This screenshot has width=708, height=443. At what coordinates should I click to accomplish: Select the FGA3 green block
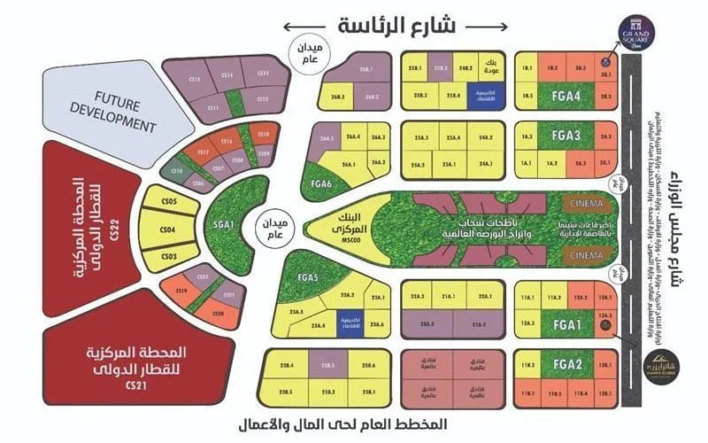(x=565, y=136)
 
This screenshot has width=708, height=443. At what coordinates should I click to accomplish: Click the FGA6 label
(x=322, y=184)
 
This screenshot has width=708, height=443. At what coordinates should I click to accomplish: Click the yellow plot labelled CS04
(x=167, y=230)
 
